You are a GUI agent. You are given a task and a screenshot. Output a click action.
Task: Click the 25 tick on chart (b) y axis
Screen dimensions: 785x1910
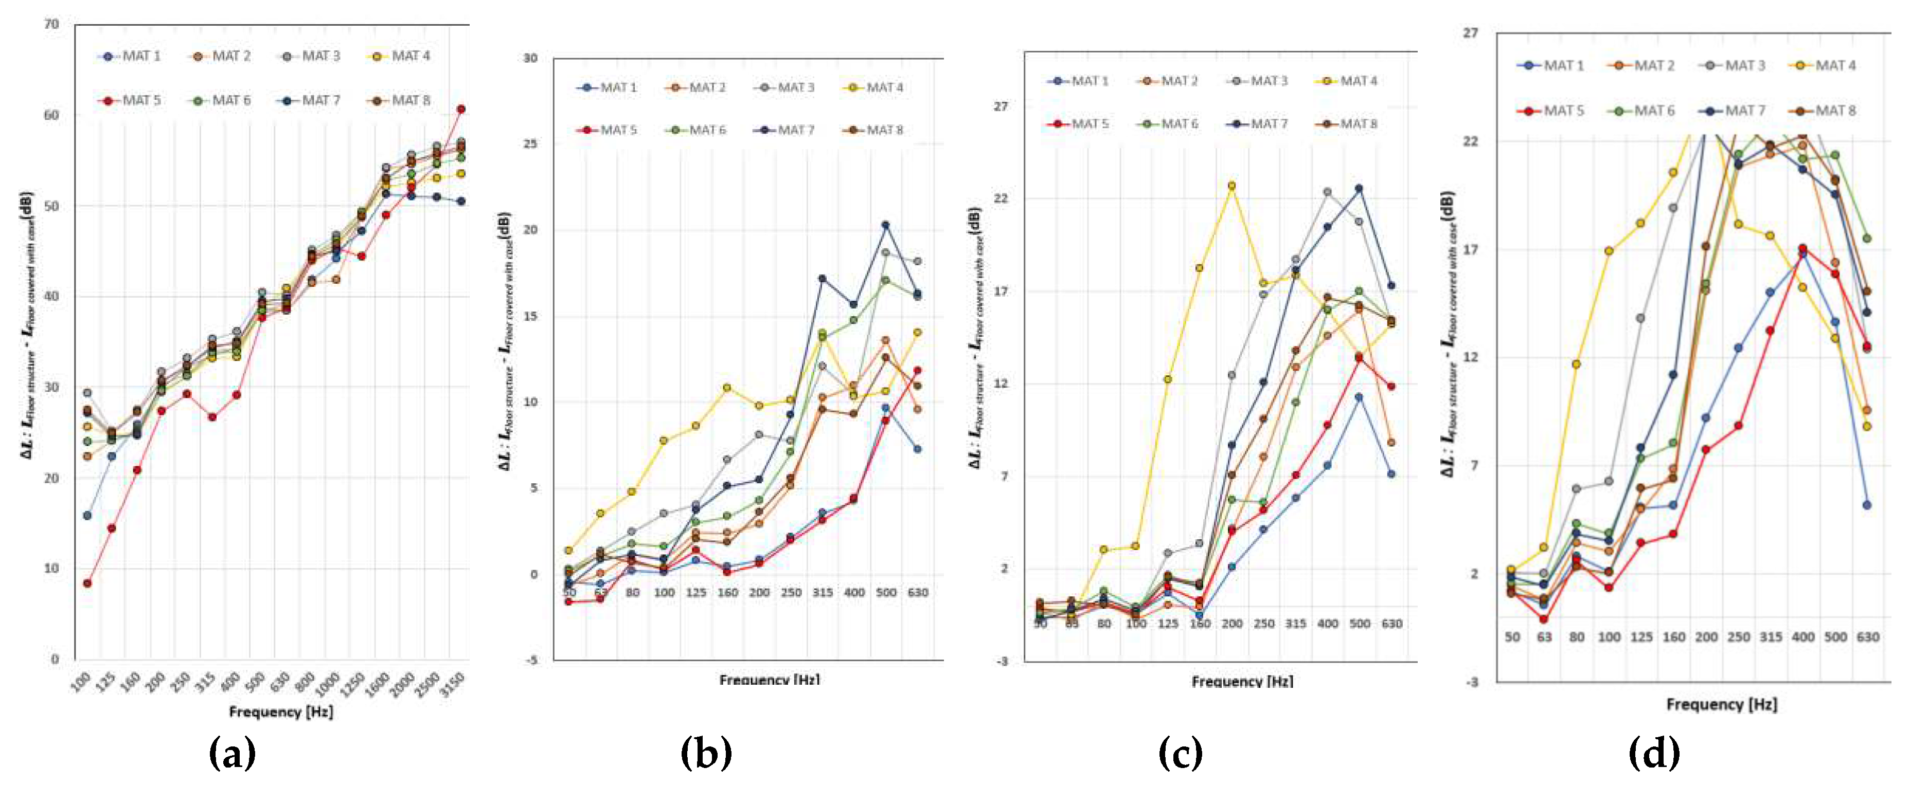[x=530, y=144]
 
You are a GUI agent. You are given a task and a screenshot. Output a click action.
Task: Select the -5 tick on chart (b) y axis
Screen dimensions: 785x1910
[x=530, y=660]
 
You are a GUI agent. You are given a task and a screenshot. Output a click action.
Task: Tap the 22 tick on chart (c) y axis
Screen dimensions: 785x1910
[x=1001, y=198]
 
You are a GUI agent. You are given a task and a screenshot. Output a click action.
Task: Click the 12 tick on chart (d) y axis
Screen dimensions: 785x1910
[x=1470, y=357]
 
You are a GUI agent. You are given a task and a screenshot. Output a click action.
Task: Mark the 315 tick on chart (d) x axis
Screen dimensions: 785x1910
[x=1771, y=637]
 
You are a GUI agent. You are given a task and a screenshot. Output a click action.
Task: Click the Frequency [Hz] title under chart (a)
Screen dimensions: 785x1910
[x=281, y=711]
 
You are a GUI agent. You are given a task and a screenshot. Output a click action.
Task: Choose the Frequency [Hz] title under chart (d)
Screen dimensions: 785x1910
[x=1722, y=704]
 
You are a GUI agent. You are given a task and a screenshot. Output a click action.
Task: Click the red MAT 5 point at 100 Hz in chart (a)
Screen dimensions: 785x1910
[x=87, y=583]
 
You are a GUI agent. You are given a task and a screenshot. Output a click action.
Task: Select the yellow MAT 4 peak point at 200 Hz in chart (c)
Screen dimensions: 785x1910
[x=1231, y=186]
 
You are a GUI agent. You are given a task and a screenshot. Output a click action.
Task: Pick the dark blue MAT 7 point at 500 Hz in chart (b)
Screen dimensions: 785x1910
[x=885, y=225]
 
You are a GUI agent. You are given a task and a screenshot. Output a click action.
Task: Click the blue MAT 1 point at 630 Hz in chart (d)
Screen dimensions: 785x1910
[x=1866, y=505]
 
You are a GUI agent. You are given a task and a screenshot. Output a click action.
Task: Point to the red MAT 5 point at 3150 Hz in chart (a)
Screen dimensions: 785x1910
[x=461, y=109]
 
